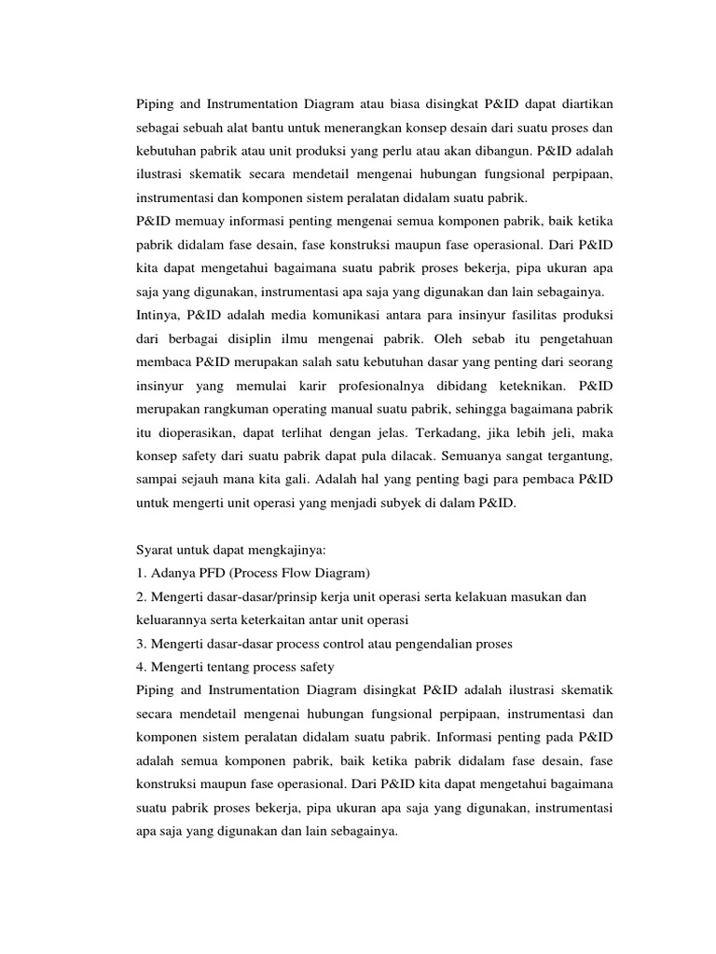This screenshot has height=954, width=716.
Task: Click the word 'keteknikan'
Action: click(x=516, y=383)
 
